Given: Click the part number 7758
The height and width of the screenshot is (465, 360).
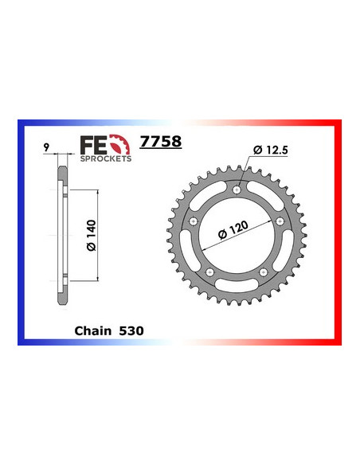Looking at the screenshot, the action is pos(160,142).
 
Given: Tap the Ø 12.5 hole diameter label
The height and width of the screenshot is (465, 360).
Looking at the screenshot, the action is pos(271,150).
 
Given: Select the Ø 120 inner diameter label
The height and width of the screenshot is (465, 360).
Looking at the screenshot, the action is pos(233,230).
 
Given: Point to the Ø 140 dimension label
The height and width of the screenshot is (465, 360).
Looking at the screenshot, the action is pos(92,235).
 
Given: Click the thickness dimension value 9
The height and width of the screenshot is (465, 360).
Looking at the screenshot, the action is pos(45,147).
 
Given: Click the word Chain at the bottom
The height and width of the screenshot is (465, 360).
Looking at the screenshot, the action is pos(93,331).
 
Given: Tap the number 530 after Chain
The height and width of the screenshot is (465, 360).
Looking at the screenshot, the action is pos(131,331).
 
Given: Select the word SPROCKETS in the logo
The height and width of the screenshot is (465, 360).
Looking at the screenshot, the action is pos(106,158).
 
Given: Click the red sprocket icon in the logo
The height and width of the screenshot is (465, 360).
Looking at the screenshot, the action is pos(119,145).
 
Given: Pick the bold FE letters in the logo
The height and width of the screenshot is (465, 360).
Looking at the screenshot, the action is pos(93,146).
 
